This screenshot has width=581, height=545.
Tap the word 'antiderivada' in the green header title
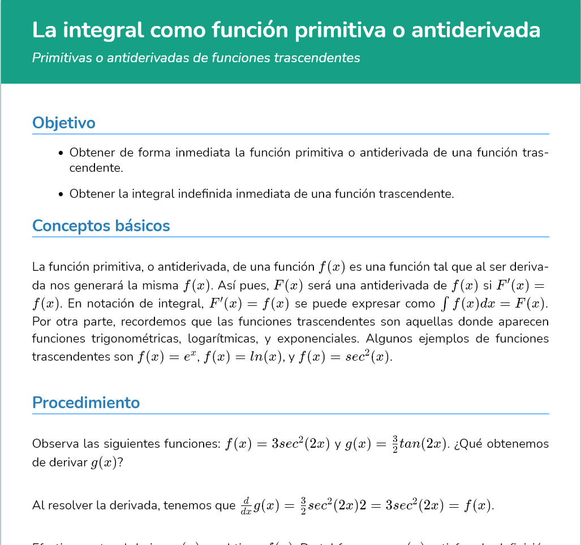[x=475, y=30]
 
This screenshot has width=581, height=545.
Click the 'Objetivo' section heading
[x=63, y=123]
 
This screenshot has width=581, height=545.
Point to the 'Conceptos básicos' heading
[x=101, y=226]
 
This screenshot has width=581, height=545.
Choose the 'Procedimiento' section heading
[x=86, y=403]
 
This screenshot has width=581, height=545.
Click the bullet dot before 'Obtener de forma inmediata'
[x=61, y=153]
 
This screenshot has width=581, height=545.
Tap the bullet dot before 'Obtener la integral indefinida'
[x=61, y=194]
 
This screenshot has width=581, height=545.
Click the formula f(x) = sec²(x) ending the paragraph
[x=345, y=357]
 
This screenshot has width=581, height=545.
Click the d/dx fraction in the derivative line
[x=246, y=506]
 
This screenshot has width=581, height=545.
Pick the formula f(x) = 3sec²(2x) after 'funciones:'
[x=277, y=444]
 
